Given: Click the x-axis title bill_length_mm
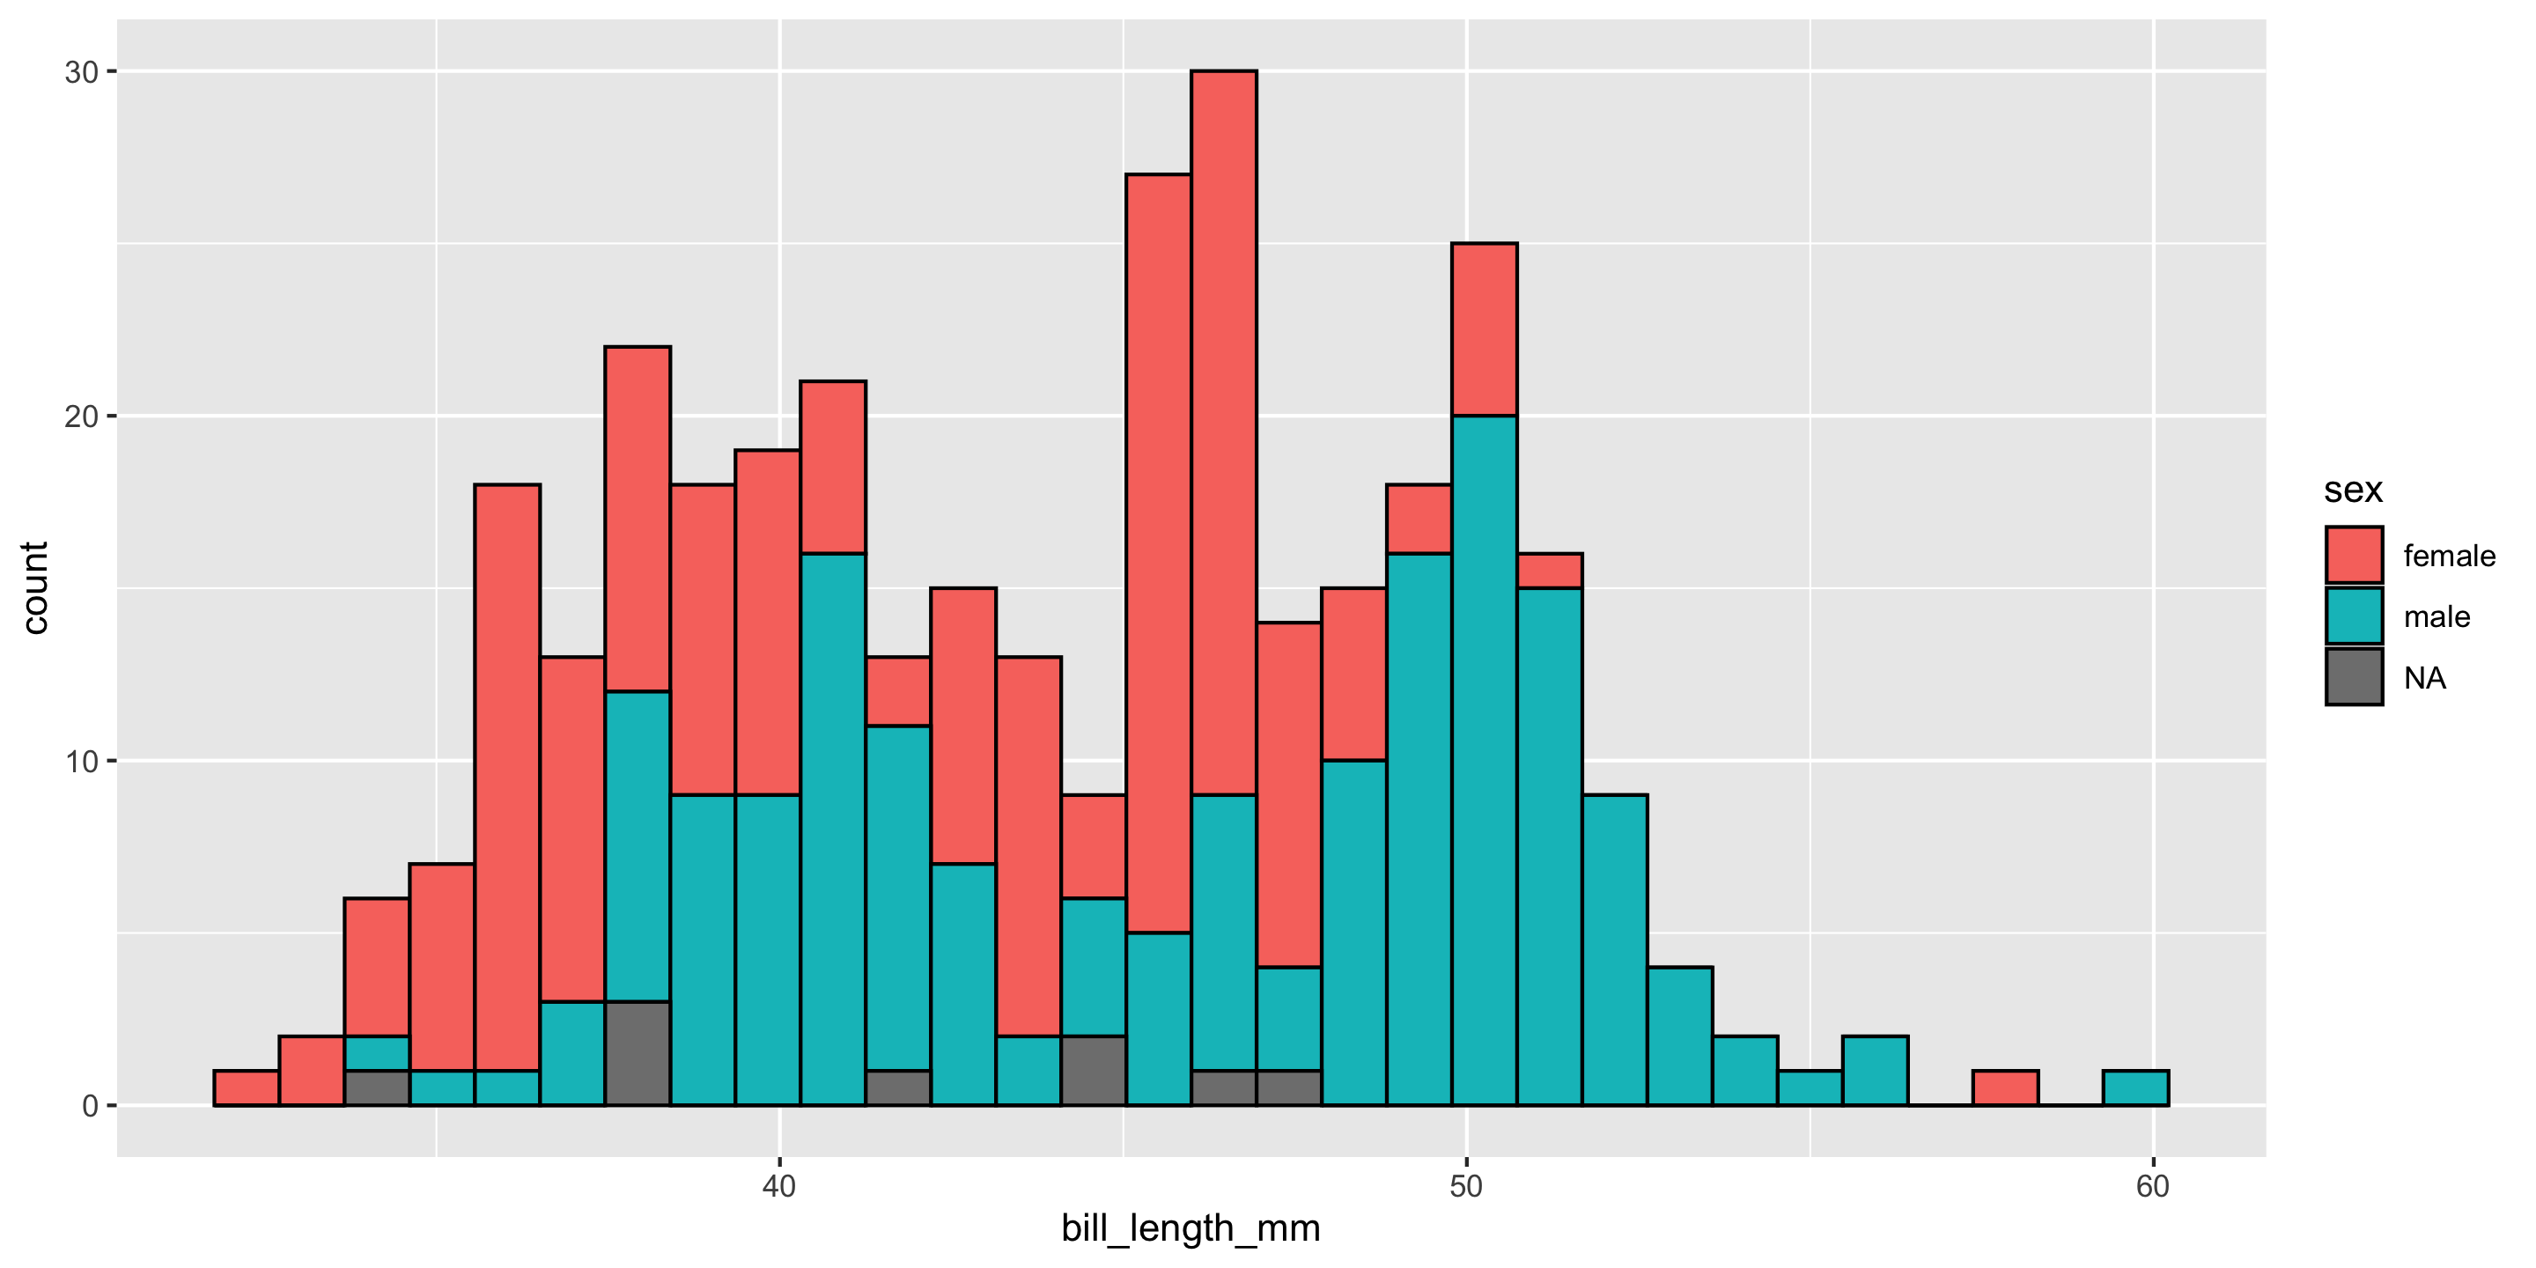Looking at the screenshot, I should click(x=1191, y=1228).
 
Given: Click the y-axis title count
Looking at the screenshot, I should click(x=35, y=587).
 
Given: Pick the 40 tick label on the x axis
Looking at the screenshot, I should click(x=778, y=1186).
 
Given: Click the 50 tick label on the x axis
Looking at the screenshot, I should click(x=1466, y=1186).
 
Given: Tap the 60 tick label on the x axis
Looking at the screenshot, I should click(x=2153, y=1186).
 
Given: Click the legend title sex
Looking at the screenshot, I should click(x=2353, y=490).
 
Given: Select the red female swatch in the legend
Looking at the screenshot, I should click(x=2354, y=556).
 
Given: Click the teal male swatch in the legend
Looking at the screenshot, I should click(x=2354, y=616).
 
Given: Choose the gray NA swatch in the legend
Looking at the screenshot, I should click(x=2354, y=677).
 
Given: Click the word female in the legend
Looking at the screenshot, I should click(x=2450, y=557).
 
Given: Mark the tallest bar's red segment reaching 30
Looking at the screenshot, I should click(x=1224, y=433).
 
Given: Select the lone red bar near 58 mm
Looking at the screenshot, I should click(x=2005, y=1087).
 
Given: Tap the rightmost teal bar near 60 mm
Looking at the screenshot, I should click(x=2135, y=1087).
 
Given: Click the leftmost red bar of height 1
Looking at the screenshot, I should click(x=247, y=1087).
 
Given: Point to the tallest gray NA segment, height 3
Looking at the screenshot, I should click(x=638, y=1053).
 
